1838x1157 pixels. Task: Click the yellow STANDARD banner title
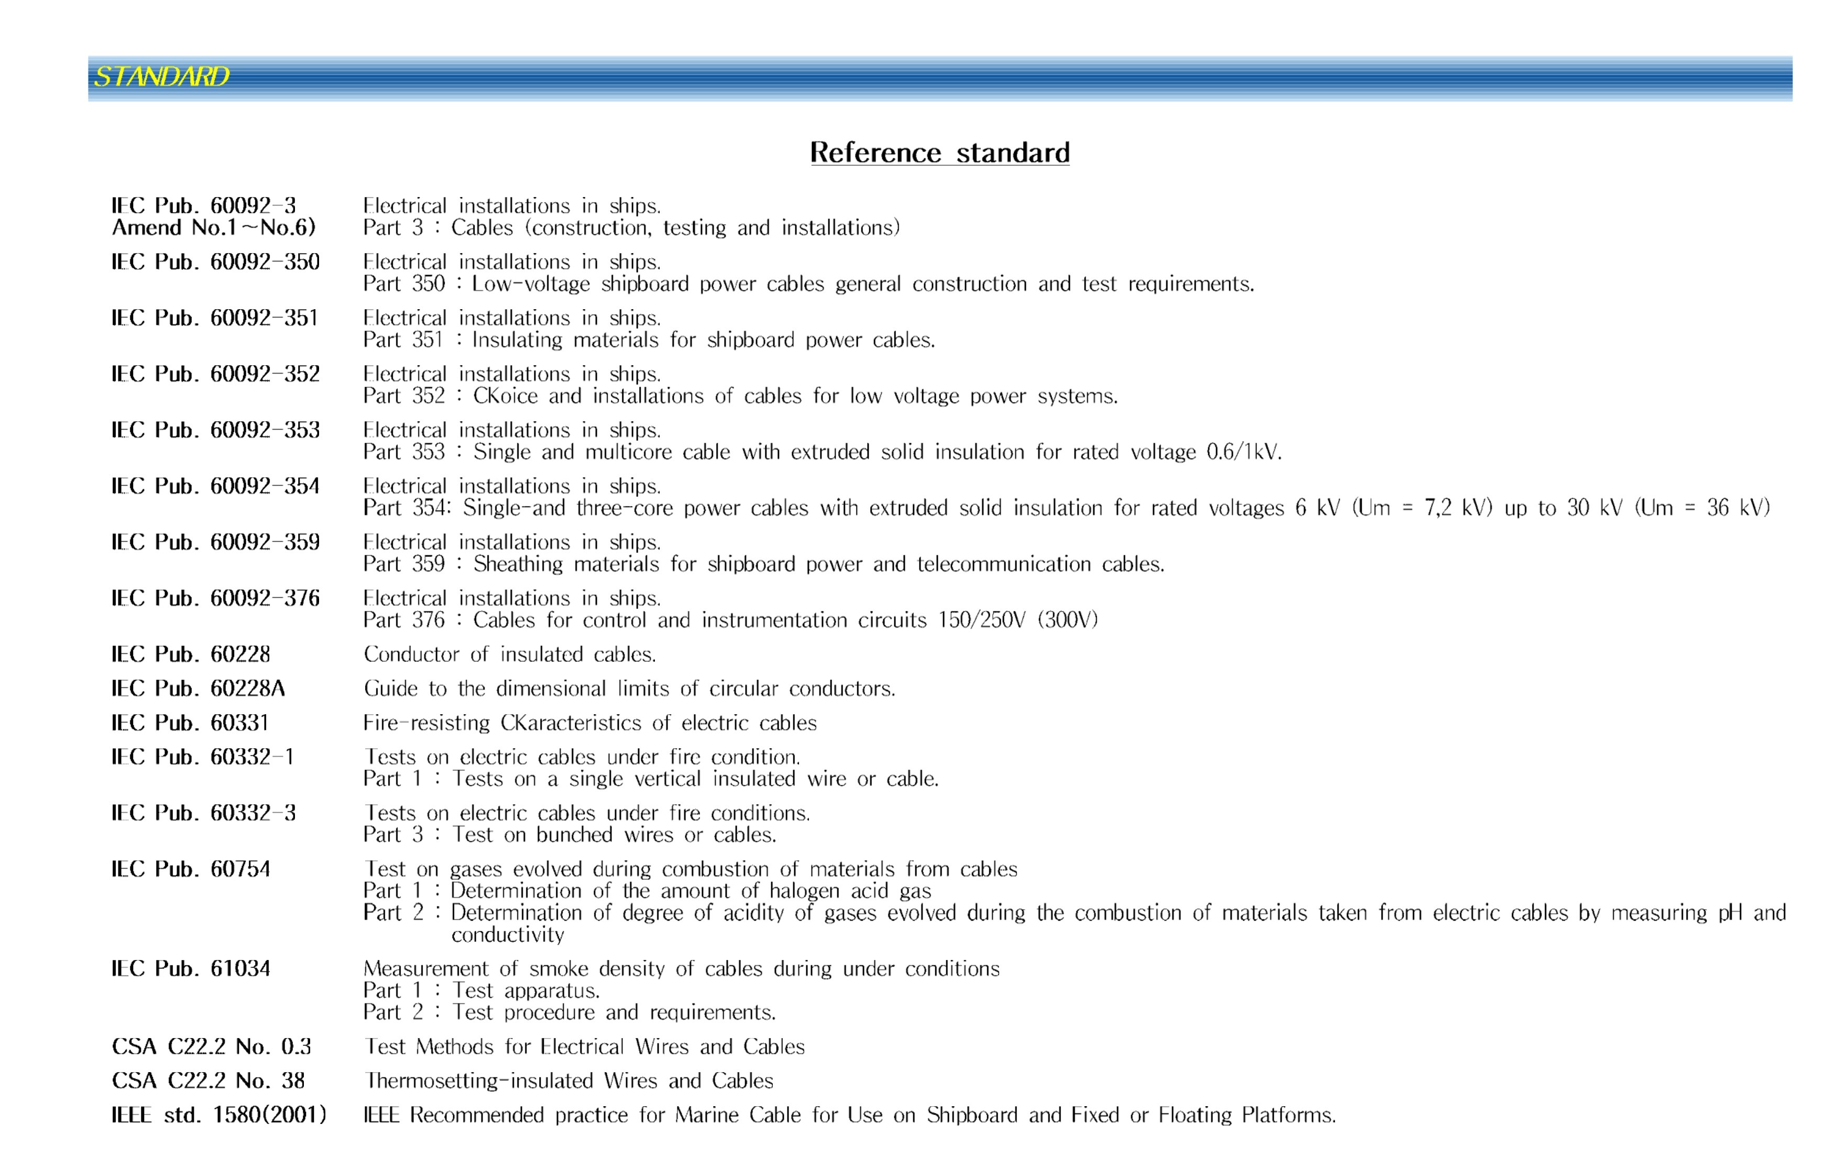click(161, 77)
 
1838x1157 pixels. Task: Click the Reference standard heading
click(939, 152)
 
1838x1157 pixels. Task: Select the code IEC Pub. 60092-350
click(215, 262)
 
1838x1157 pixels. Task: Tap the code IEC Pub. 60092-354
click(215, 486)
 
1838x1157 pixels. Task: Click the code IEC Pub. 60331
click(190, 723)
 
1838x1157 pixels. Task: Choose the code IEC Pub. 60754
click(191, 869)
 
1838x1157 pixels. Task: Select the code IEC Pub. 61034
click(191, 968)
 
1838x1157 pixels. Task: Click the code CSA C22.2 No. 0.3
click(212, 1046)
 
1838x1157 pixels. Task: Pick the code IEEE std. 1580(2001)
click(219, 1115)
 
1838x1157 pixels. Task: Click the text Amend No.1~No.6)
click(214, 227)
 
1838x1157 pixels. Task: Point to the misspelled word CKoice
click(505, 396)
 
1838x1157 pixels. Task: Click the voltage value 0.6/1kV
click(1243, 452)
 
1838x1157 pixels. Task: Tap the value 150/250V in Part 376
click(981, 620)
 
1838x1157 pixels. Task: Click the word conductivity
click(508, 935)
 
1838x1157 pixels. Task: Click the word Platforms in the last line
click(1288, 1115)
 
